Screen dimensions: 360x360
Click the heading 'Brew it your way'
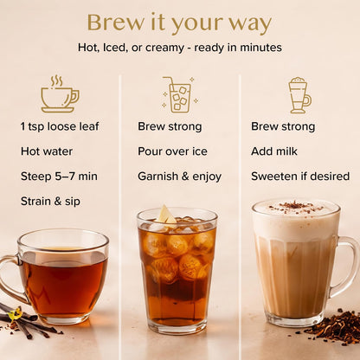coord(179,23)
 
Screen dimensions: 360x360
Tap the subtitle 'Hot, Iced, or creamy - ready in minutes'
coord(180,48)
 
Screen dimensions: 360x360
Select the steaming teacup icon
coord(60,94)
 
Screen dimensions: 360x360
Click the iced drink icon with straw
coord(180,94)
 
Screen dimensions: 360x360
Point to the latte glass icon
coord(299,95)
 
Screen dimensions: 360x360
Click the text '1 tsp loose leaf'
coord(60,126)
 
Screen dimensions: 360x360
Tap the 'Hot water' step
coord(47,151)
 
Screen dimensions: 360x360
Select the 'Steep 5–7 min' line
coord(59,177)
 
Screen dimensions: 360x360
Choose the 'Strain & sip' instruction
coord(50,202)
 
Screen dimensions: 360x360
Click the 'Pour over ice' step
coord(172,151)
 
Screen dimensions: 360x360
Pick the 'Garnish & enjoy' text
coord(179,177)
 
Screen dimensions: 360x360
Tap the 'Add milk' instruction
coord(274,151)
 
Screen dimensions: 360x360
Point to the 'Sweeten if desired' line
coord(300,177)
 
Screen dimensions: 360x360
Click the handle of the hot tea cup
coord(8,279)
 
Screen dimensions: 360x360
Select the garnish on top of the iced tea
coord(165,215)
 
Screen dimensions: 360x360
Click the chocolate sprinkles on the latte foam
coord(294,207)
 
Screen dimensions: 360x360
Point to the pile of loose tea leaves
coord(331,327)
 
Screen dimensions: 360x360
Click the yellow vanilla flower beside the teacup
coord(15,314)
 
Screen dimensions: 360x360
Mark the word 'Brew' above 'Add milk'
coord(264,126)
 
